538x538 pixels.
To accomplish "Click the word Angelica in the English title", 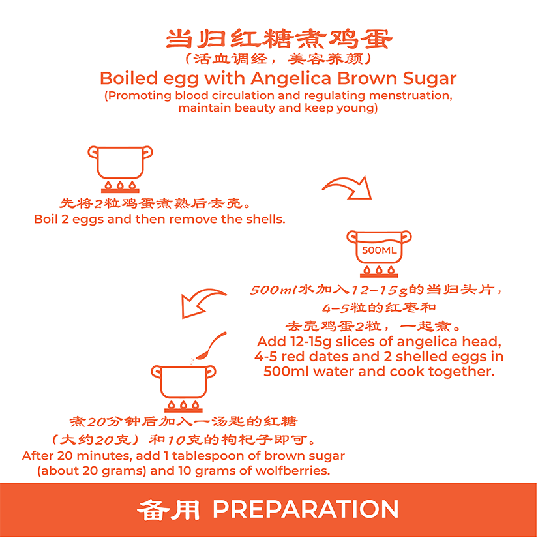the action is point(291,78).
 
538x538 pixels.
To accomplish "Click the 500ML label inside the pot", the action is point(379,250).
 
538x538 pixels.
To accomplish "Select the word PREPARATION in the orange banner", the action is point(306,509).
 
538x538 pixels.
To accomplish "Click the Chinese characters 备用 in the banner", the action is point(168,509).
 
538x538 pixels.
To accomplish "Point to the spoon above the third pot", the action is point(211,346).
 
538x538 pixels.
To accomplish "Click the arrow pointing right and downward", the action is point(347,187).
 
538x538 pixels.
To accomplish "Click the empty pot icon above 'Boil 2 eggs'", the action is point(120,169).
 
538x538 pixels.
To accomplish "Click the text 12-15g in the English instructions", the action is point(311,342).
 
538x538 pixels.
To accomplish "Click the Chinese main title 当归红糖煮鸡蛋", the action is point(279,38).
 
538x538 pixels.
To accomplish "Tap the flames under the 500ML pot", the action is point(379,270).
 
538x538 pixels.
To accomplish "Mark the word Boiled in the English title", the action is point(129,78).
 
